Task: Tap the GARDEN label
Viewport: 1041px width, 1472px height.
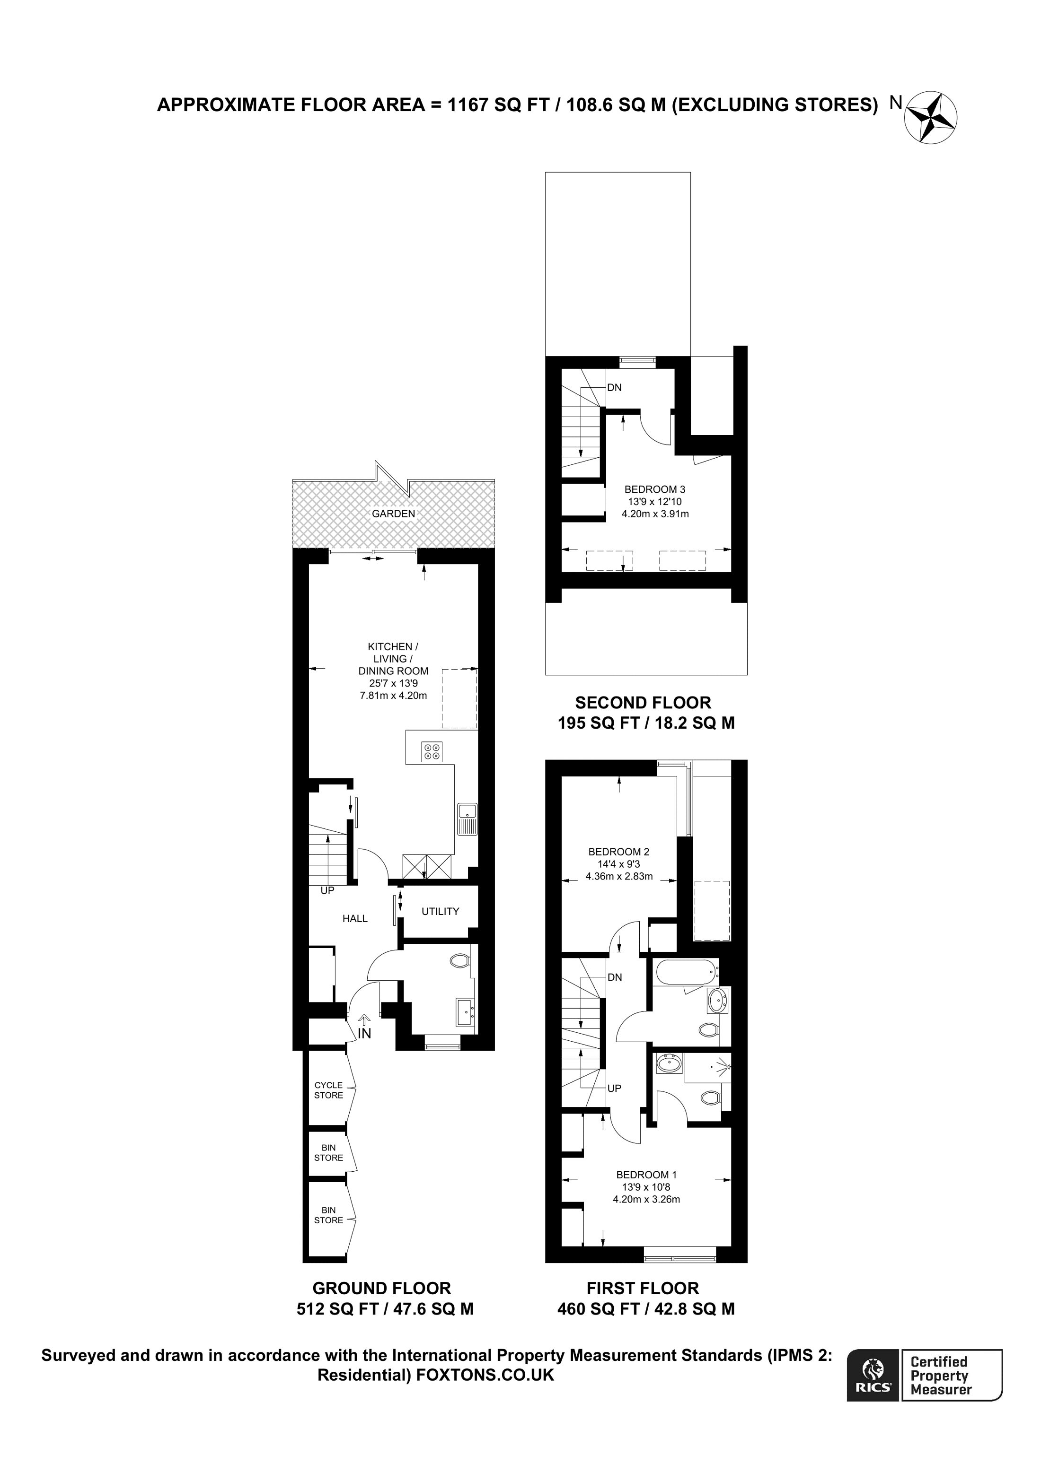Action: pos(393,514)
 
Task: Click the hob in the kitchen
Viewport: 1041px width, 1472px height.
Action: pos(432,751)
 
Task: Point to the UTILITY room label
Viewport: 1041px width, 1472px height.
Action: pos(440,911)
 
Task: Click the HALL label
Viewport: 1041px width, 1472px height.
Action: pos(355,919)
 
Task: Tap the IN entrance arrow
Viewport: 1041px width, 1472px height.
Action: pos(364,1019)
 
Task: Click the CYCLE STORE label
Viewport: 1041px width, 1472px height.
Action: pos(328,1090)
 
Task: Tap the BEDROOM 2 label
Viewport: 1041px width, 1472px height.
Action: pos(618,852)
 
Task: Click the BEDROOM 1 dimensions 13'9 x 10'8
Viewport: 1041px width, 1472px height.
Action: pos(646,1187)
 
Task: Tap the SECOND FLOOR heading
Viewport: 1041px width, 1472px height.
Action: pos(643,703)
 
